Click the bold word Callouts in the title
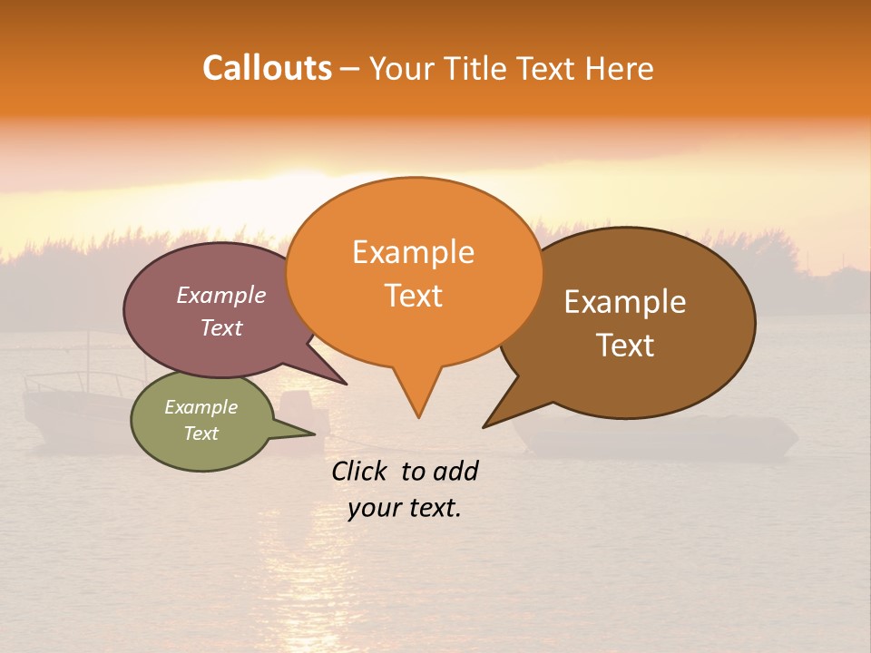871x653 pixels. tap(267, 68)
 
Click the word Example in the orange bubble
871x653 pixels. tap(413, 252)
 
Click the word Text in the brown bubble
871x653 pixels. tap(625, 346)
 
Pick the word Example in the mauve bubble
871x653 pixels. tap(221, 295)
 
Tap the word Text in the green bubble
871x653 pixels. tap(201, 434)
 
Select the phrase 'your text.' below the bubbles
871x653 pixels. tap(405, 509)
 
